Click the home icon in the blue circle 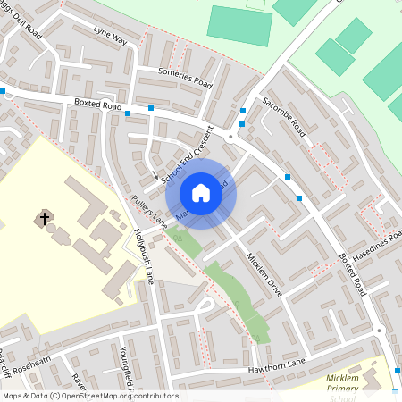click(201, 192)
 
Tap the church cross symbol click(44, 217)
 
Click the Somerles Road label click(184, 79)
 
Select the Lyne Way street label click(111, 37)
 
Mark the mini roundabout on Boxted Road click(230, 137)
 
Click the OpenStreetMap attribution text click(89, 396)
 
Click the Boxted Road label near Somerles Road click(97, 105)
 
